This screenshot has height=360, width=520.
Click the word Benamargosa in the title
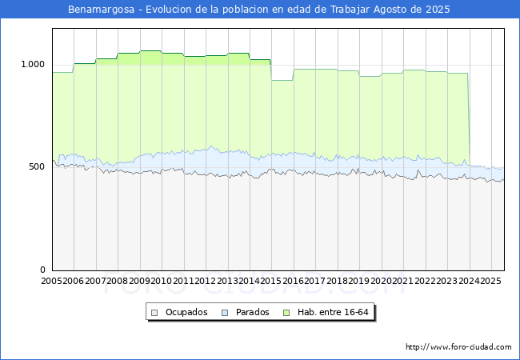point(101,10)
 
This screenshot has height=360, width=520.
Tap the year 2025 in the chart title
point(438,10)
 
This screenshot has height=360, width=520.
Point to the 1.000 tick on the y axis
point(33,64)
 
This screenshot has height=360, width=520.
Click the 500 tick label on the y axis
point(37,166)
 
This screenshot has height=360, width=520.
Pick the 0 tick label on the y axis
point(42,270)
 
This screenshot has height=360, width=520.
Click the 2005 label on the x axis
point(51,281)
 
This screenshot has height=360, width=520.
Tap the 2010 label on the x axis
point(161,281)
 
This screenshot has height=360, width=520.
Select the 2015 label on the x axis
point(271,281)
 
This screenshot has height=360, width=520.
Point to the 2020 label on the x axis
point(381,281)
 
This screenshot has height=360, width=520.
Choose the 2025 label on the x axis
point(491,281)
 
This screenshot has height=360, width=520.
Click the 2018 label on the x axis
point(337,281)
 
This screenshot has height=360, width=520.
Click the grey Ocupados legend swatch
point(154,313)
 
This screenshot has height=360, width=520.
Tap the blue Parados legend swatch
point(225,313)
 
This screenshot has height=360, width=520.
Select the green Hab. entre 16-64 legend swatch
point(286,313)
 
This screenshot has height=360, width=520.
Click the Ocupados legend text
point(186,312)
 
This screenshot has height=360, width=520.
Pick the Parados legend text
point(252,312)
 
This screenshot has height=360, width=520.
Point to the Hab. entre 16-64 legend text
point(333,312)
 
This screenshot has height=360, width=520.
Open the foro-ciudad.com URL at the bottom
point(458,347)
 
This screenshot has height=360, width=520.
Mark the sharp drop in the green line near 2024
point(469,118)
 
